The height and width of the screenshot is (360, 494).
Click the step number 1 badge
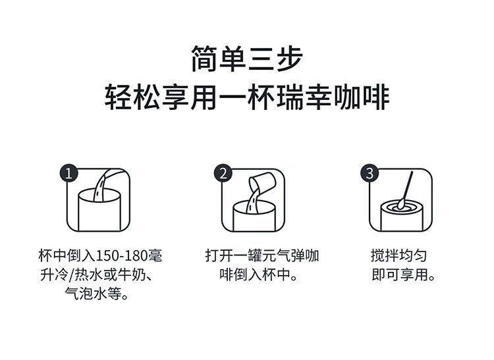(69, 173)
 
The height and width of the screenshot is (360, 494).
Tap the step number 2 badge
(223, 173)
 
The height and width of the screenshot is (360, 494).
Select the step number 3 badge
(370, 173)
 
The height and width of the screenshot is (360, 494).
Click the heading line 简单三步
(247, 59)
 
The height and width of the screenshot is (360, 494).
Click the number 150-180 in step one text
(121, 255)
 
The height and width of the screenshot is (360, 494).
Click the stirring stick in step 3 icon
(405, 191)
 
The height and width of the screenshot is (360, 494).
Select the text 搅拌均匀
(398, 255)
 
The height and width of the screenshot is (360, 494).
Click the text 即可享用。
(403, 274)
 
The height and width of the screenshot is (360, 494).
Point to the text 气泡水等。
(97, 294)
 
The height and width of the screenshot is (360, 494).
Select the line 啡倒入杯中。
(259, 274)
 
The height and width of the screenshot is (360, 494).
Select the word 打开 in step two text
(219, 255)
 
